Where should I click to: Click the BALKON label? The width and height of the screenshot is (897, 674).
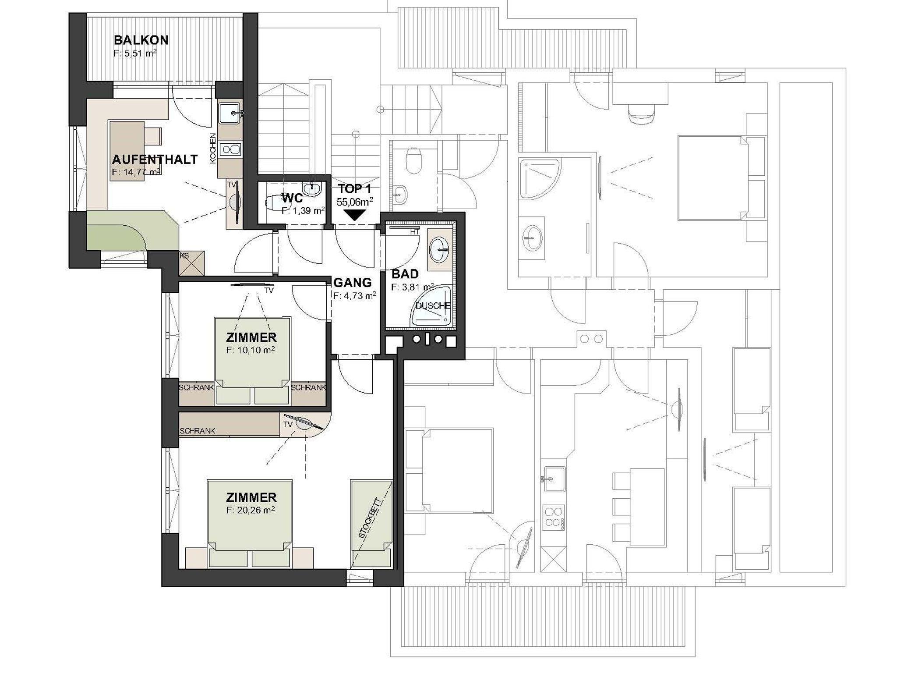[141, 40]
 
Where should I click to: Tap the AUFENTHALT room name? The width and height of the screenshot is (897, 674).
[155, 160]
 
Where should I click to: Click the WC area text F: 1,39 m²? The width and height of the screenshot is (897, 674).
[303, 211]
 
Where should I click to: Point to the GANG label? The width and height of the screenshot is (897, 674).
[353, 283]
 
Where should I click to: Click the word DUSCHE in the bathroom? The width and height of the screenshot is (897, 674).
[433, 306]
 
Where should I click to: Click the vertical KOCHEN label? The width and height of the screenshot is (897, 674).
[213, 149]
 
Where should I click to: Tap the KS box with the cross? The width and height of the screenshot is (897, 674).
[192, 263]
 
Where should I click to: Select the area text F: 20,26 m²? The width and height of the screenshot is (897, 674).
[251, 511]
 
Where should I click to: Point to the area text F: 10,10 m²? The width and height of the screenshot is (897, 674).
[251, 351]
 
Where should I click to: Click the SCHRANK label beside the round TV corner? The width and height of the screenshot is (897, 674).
[198, 431]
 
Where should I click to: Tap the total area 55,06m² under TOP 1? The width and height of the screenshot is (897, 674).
[355, 202]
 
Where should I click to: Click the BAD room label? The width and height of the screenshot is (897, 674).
[405, 274]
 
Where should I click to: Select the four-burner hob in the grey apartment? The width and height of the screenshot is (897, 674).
[554, 517]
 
